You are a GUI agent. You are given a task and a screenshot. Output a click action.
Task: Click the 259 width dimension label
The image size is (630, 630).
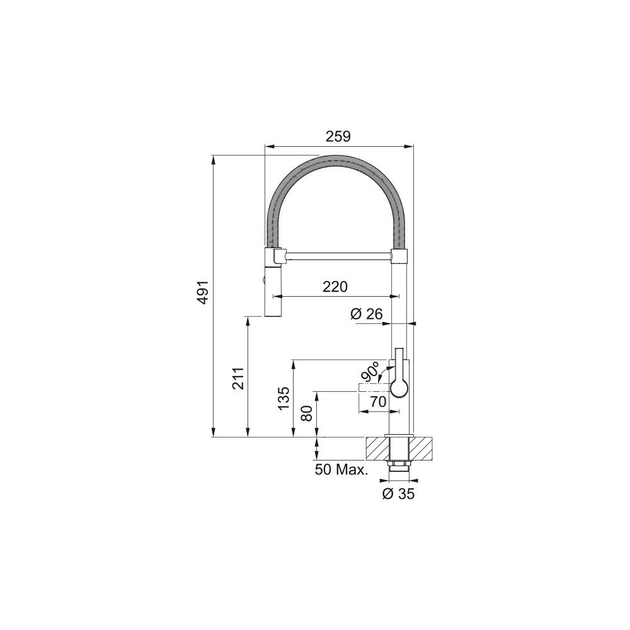click(338, 137)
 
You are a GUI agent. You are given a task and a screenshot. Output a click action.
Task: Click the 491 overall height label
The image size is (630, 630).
click(203, 292)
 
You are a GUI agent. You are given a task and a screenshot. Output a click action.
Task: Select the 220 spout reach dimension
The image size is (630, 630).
click(335, 287)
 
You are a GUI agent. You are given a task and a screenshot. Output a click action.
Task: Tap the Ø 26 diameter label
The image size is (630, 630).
click(366, 313)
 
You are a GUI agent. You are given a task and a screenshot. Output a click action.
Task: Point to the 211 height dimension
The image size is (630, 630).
click(238, 379)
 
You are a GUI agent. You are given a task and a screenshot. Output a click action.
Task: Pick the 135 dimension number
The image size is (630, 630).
click(283, 398)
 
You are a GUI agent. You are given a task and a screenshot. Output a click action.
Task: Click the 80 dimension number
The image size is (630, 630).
click(307, 413)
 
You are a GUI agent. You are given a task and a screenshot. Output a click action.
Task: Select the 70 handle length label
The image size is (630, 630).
click(377, 401)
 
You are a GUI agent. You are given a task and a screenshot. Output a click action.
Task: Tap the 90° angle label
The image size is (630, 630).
click(370, 371)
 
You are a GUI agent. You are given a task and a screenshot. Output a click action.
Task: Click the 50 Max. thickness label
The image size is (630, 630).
click(341, 470)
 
